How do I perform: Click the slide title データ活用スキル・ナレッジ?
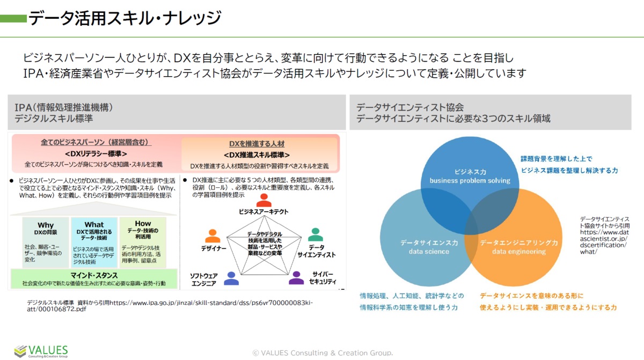tap(125, 18)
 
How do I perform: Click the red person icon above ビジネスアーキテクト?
tap(264, 201)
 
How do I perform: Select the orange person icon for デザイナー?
tap(213, 236)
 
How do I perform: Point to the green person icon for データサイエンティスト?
tap(316, 235)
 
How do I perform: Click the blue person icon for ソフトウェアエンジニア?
tap(231, 278)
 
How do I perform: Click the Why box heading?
tap(46, 225)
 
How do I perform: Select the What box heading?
tap(94, 225)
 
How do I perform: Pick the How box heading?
tap(143, 223)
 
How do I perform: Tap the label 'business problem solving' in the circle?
tap(470, 181)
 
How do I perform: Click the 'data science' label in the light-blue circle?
tap(426, 251)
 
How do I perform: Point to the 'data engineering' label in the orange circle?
tap(519, 251)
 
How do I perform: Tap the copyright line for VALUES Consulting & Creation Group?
tap(323, 353)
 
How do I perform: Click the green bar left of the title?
tap(13, 19)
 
